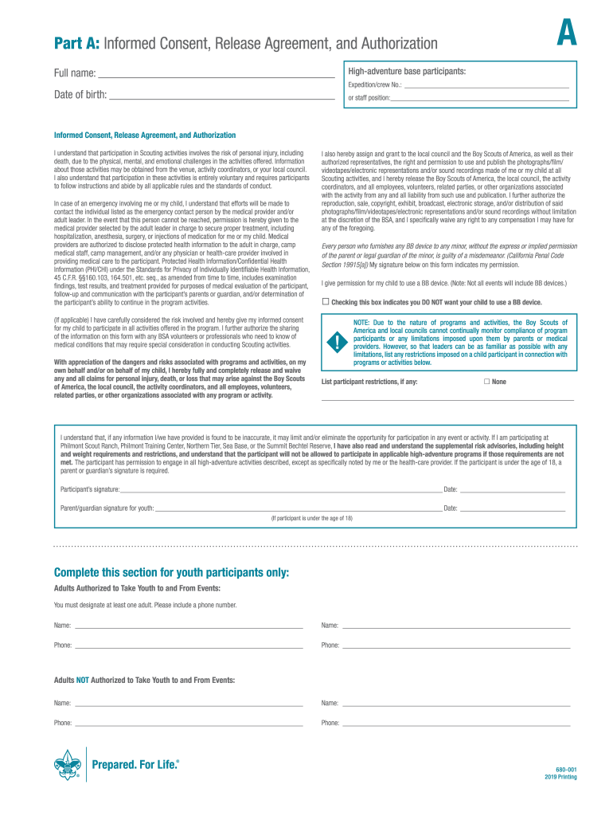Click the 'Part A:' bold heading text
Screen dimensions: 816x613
pos(78,43)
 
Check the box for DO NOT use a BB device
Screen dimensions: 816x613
pos(325,302)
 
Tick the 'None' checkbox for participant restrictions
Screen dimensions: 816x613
pos(487,382)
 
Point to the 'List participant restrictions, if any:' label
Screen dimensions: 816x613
pos(369,382)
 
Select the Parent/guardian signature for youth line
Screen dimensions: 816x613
pos(298,508)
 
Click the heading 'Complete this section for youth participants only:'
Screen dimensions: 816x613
pos(171,573)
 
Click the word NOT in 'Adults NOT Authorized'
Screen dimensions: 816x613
pos(83,680)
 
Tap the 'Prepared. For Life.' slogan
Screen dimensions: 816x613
pos(135,765)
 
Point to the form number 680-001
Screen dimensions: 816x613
pos(566,769)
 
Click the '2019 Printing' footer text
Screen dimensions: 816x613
pos(560,777)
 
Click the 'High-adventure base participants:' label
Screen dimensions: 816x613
pos(407,72)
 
